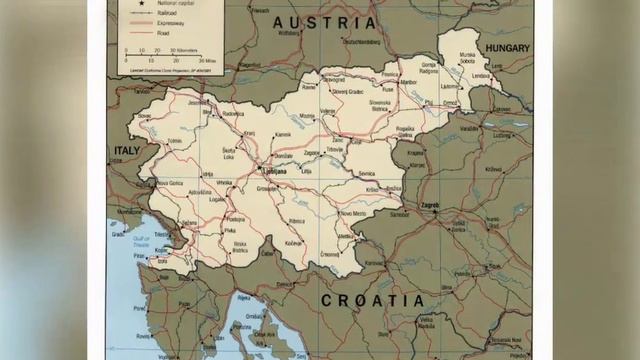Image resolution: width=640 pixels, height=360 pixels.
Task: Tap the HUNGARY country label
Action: coord(508,47)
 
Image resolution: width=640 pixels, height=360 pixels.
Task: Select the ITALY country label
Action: coord(126,149)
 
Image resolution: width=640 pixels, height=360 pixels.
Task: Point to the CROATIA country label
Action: coord(372,299)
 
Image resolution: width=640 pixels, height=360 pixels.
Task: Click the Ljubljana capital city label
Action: coord(273,171)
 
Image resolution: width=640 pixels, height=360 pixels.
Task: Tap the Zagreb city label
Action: coord(431,204)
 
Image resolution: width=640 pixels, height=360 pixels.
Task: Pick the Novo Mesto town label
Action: coord(353,213)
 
